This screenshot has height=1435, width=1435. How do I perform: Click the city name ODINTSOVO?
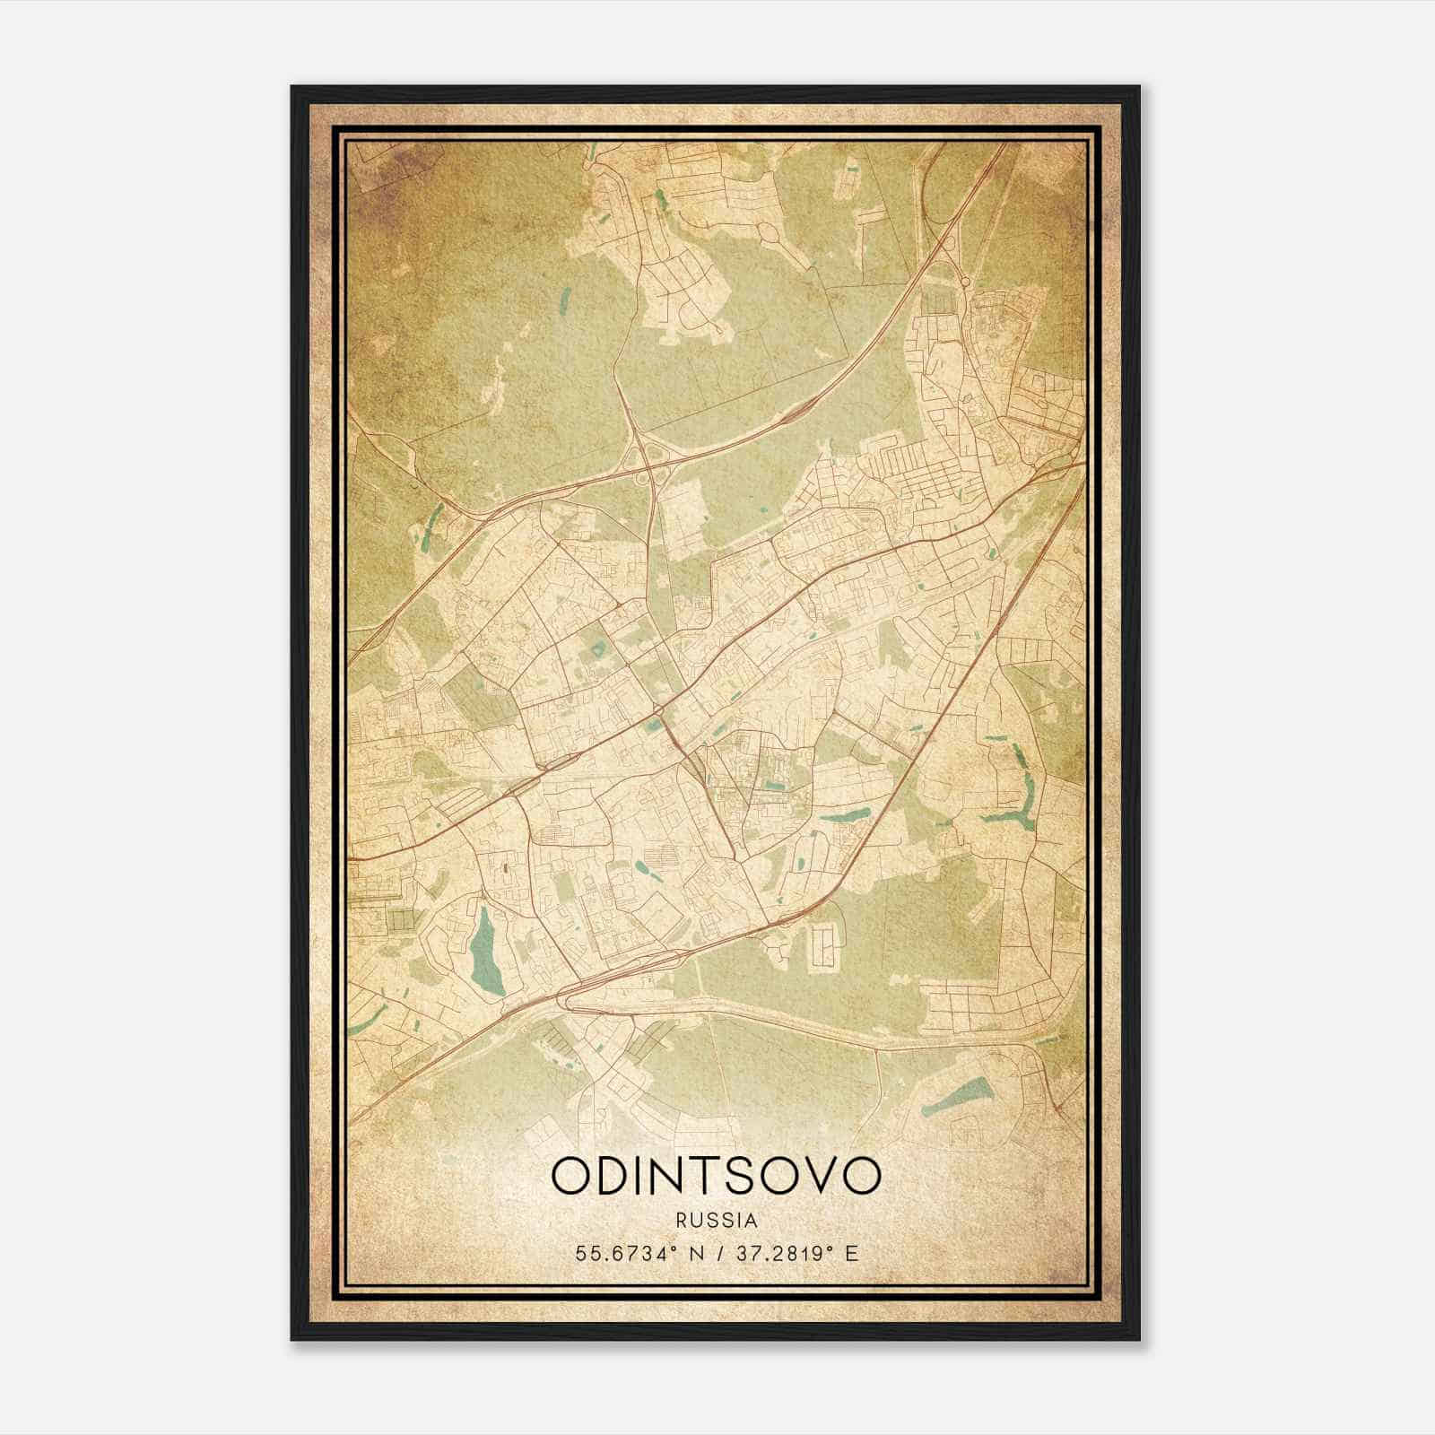717,1175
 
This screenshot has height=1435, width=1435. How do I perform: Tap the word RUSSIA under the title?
717,1221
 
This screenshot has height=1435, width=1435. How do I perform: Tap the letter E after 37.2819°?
852,1253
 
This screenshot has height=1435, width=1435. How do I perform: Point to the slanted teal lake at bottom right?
954,1094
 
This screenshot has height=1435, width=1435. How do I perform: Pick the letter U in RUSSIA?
698,1221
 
